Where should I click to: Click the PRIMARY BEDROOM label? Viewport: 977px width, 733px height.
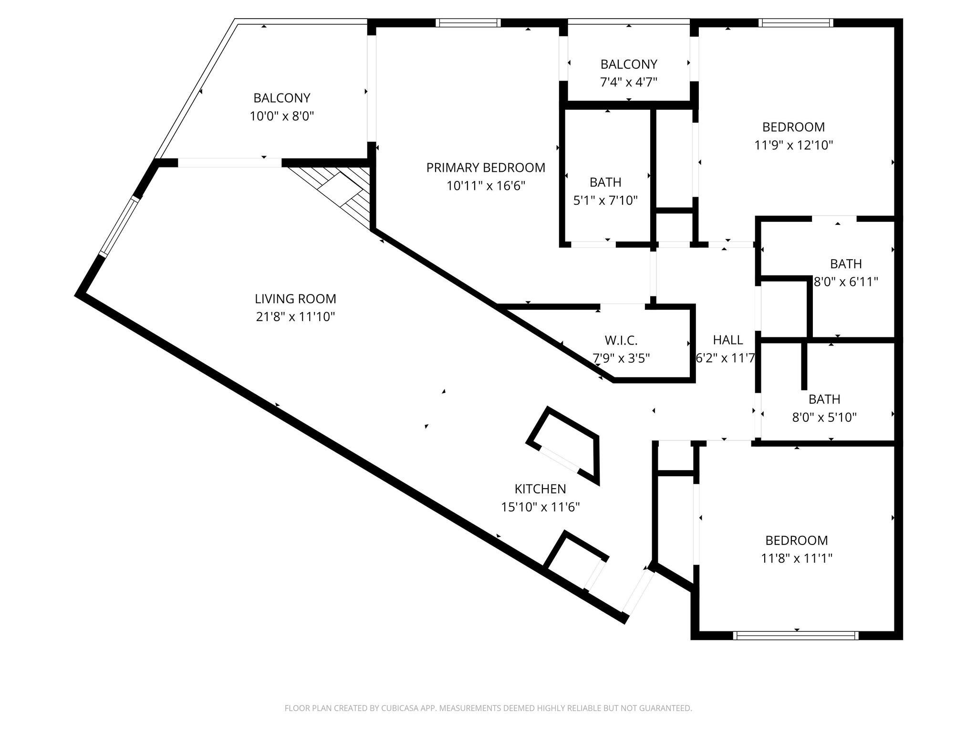coord(486,168)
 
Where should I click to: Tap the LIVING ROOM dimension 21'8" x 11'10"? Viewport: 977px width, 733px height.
coord(295,317)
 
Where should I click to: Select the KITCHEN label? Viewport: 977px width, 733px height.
coord(540,489)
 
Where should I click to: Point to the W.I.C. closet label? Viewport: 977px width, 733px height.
coord(621,340)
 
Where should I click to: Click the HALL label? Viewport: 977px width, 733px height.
coord(728,340)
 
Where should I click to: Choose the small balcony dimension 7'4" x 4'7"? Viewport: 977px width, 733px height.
coord(628,82)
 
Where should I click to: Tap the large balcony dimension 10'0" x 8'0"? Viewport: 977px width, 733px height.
coord(281,116)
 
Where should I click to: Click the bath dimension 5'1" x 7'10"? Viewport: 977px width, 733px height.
coord(605,200)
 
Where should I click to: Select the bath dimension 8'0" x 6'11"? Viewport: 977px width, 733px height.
coord(846,282)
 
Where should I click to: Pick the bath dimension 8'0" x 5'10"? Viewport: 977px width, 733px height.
coord(824,418)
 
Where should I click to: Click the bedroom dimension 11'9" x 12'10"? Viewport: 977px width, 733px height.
coord(793,145)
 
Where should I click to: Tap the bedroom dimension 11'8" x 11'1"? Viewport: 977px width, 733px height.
coord(796,558)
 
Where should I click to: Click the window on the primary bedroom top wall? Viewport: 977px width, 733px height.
coord(468,22)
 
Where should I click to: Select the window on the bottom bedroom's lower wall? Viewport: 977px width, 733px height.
coord(795,635)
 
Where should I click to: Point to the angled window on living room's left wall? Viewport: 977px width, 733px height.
coord(120,227)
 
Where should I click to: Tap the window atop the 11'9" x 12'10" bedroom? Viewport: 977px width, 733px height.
coord(795,22)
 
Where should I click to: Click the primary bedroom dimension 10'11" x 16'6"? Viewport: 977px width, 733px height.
coord(486,186)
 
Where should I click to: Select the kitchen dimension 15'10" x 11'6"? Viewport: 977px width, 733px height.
coord(540,507)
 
